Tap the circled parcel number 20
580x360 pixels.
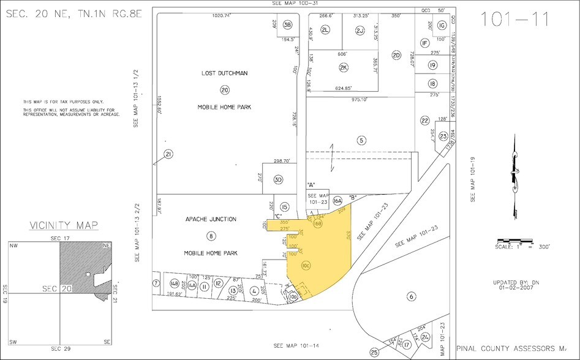[x=225, y=89]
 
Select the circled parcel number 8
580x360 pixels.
[x=211, y=236]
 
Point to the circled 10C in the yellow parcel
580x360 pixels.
[x=306, y=265]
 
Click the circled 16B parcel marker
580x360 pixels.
[x=317, y=223]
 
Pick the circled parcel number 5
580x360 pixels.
[x=362, y=140]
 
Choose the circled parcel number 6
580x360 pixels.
[x=412, y=296]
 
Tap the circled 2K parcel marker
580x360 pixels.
[x=344, y=67]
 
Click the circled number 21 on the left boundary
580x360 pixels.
[x=168, y=154]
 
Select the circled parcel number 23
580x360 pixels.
[x=443, y=137]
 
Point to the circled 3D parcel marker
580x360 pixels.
[x=278, y=180]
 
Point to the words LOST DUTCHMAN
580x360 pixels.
[x=225, y=73]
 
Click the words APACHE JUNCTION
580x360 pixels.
[x=210, y=219]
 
